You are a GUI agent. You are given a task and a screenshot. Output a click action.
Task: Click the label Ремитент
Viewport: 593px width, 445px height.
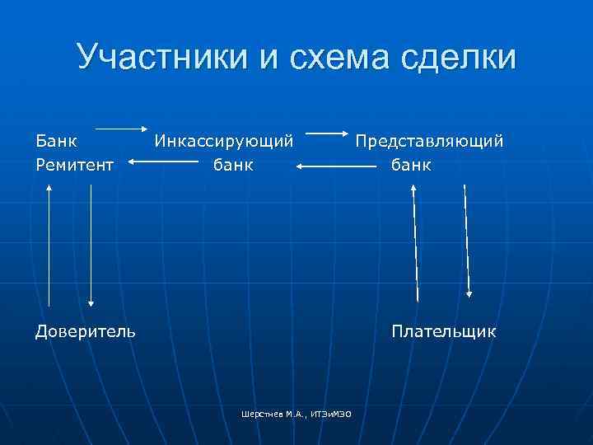tap(75, 165)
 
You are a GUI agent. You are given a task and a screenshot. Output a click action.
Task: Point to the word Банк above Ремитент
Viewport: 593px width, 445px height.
tap(56, 141)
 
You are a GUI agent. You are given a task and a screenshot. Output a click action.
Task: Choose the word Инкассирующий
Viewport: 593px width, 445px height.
tap(224, 141)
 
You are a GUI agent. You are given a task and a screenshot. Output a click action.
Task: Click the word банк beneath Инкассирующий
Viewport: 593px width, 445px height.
tap(234, 165)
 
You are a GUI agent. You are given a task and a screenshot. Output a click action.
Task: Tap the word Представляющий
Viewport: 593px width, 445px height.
tap(429, 141)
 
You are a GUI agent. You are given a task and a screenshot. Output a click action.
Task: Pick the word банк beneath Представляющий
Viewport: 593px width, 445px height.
tap(412, 165)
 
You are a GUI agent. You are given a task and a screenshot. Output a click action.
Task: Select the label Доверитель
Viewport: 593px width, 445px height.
tap(86, 331)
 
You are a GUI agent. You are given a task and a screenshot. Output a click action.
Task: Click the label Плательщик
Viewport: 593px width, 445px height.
tap(444, 331)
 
